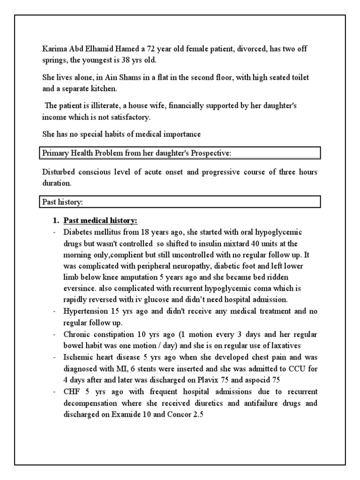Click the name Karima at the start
tap(52, 49)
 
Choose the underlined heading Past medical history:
tap(100, 220)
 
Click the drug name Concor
tap(180, 413)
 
